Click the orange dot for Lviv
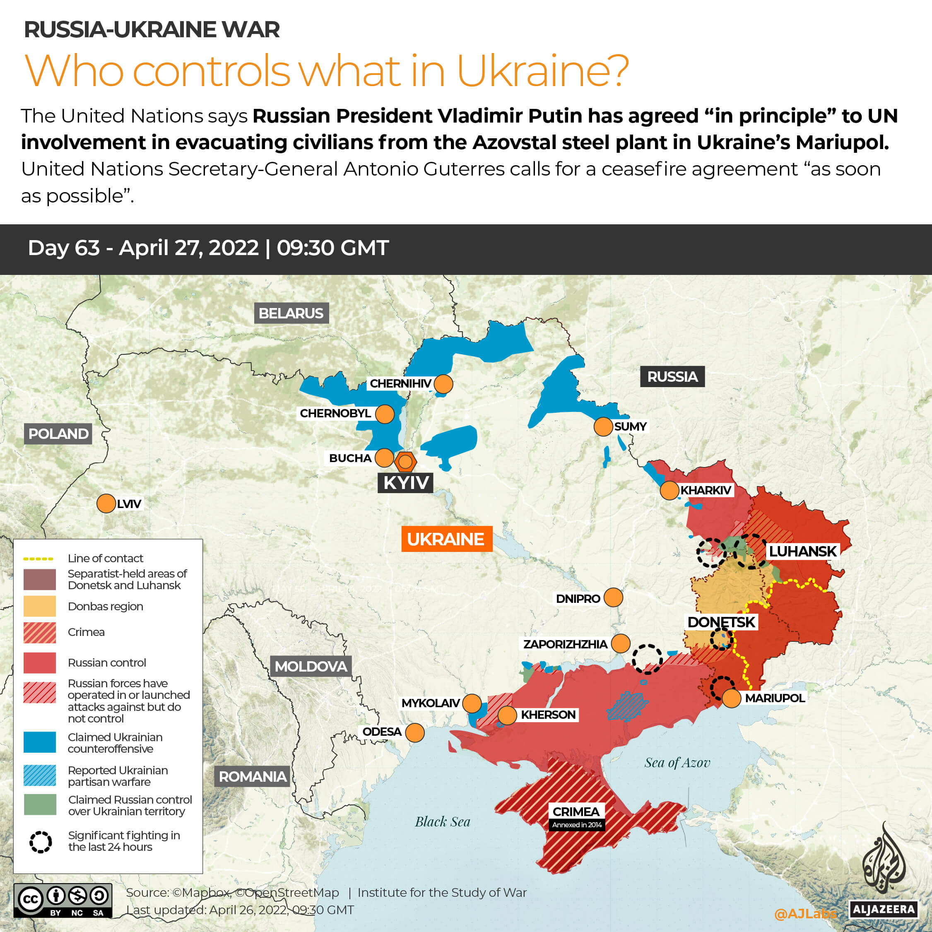pyautogui.click(x=106, y=503)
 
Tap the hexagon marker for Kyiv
pyautogui.click(x=405, y=462)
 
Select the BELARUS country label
pyautogui.click(x=291, y=313)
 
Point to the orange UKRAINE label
pyautogui.click(x=446, y=539)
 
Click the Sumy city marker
pyautogui.click(x=603, y=426)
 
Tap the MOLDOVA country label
pyautogui.click(x=311, y=666)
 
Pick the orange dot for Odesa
pyautogui.click(x=415, y=732)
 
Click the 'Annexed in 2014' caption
pyautogui.click(x=577, y=825)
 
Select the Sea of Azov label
pyautogui.click(x=677, y=763)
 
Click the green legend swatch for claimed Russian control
pyautogui.click(x=40, y=804)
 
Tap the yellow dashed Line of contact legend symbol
pyautogui.click(x=39, y=559)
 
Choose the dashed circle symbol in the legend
pyautogui.click(x=41, y=842)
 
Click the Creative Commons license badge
pyautogui.click(x=63, y=900)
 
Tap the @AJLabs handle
pyautogui.click(x=804, y=913)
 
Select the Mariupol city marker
pyautogui.click(x=731, y=698)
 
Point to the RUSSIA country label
pyautogui.click(x=672, y=376)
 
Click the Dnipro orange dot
pyautogui.click(x=613, y=597)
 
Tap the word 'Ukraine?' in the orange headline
pyautogui.click(x=542, y=71)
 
